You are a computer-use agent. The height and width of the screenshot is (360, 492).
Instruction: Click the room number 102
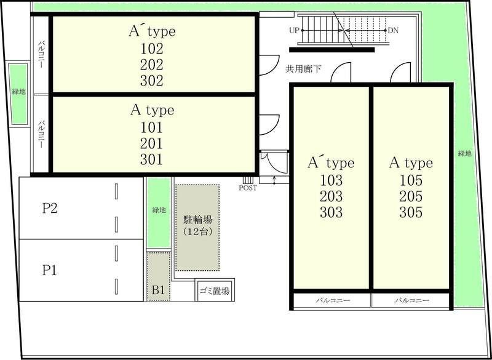[x=151, y=48]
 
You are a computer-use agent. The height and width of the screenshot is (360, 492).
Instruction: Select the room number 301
[x=151, y=160]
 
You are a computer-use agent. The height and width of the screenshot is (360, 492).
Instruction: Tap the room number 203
[x=331, y=197]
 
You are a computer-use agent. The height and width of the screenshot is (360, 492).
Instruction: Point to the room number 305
[x=410, y=213]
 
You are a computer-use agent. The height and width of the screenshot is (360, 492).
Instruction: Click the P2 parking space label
[x=50, y=209]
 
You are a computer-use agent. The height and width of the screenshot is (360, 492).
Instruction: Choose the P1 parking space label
[x=50, y=270]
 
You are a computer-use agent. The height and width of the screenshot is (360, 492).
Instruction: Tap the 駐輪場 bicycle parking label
[x=197, y=220]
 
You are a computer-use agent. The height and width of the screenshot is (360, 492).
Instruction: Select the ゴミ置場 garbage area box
[x=215, y=291]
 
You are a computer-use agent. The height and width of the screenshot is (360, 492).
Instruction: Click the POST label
[x=248, y=188]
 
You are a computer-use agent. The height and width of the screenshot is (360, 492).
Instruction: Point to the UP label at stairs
[x=293, y=30]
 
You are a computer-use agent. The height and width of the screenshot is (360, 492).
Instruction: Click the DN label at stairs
[x=394, y=30]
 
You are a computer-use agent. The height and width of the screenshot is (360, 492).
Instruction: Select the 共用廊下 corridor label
[x=304, y=70]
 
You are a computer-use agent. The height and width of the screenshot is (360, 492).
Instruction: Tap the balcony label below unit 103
[x=333, y=301]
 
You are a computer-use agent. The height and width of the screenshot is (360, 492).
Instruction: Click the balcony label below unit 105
[x=411, y=301]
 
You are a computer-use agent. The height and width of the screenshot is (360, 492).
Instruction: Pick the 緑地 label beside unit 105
[x=464, y=153]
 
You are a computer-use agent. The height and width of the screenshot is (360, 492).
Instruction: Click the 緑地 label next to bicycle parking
[x=159, y=210]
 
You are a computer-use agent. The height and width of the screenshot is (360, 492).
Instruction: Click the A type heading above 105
[x=410, y=164]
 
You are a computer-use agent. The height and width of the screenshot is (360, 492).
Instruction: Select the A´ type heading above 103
[x=331, y=163]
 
